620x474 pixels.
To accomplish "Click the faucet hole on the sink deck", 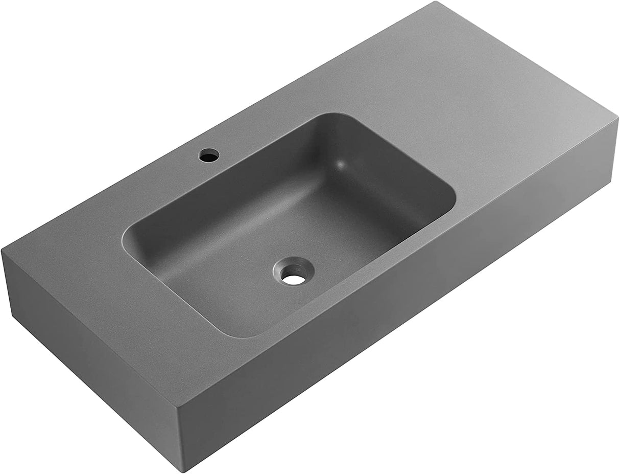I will click(209, 154).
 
